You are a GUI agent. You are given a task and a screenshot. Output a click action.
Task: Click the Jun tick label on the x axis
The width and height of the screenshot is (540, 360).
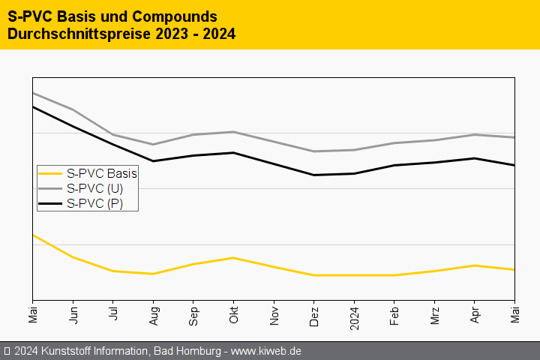click(73, 313)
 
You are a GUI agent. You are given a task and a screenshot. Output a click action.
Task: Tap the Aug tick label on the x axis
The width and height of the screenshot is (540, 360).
click(153, 314)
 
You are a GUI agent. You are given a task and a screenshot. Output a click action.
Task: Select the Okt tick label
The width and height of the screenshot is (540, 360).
click(233, 313)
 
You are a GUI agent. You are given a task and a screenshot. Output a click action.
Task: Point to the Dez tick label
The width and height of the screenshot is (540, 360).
click(314, 314)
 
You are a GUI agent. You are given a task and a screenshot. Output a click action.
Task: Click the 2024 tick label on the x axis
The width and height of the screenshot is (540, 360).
click(354, 316)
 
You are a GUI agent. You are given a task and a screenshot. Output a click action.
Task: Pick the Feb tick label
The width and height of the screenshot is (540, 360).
click(394, 314)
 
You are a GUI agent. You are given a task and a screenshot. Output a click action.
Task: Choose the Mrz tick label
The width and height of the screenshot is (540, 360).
click(434, 313)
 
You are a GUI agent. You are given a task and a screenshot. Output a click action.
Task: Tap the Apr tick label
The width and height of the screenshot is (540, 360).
click(475, 313)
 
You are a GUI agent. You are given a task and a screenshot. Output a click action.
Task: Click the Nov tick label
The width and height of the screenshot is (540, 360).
click(274, 314)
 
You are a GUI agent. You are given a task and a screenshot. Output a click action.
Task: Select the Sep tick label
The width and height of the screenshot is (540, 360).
click(193, 314)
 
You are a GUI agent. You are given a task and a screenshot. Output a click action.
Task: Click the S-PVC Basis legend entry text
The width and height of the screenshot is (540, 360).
click(101, 173)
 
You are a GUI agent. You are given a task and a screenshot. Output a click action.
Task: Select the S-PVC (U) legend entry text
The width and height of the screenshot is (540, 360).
click(94, 188)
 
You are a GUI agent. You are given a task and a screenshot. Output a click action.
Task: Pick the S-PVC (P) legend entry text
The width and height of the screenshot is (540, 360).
click(94, 203)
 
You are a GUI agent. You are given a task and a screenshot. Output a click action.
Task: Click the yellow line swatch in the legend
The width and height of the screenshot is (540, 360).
click(50, 173)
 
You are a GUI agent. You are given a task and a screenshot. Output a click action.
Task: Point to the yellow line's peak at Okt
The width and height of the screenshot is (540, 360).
click(234, 258)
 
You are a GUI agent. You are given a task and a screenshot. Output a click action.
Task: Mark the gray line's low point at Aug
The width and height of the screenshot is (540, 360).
click(153, 145)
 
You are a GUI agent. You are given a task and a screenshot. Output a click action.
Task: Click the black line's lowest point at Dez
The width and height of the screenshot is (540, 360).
click(314, 175)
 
